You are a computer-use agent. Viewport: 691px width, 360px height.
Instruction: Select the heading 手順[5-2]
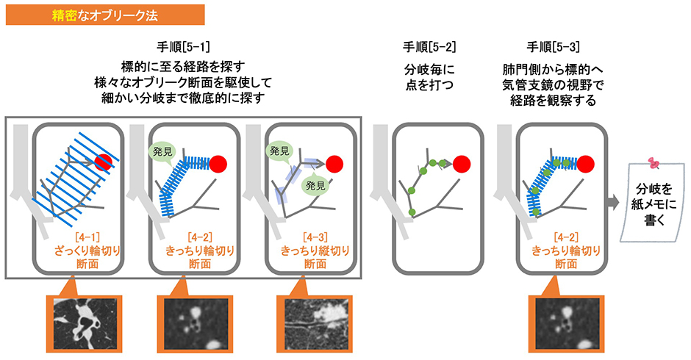click(429, 48)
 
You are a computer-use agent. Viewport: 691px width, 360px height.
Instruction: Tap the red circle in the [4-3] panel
click(335, 163)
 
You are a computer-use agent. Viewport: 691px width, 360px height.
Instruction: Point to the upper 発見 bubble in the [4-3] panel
click(280, 151)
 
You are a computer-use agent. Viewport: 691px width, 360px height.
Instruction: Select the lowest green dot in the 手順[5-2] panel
click(412, 212)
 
